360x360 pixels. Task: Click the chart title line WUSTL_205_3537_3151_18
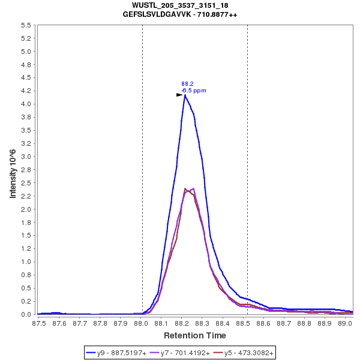[x=180, y=5]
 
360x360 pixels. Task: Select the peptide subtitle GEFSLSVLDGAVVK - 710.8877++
[x=180, y=14]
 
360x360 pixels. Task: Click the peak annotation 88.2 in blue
[x=187, y=84]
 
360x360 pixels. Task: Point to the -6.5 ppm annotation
[x=194, y=91]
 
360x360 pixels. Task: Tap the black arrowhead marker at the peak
[x=179, y=95]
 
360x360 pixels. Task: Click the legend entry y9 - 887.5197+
[x=122, y=353]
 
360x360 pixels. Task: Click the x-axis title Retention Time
[x=195, y=335]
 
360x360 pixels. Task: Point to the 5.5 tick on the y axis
[x=26, y=26]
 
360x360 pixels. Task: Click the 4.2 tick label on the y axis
[x=26, y=91]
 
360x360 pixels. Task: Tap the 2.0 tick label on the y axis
[x=26, y=209]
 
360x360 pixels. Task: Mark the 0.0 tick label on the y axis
[x=26, y=314]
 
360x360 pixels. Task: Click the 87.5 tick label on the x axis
[x=39, y=323]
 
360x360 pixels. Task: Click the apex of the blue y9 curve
[x=185, y=95]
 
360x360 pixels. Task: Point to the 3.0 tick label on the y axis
[x=26, y=157]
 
